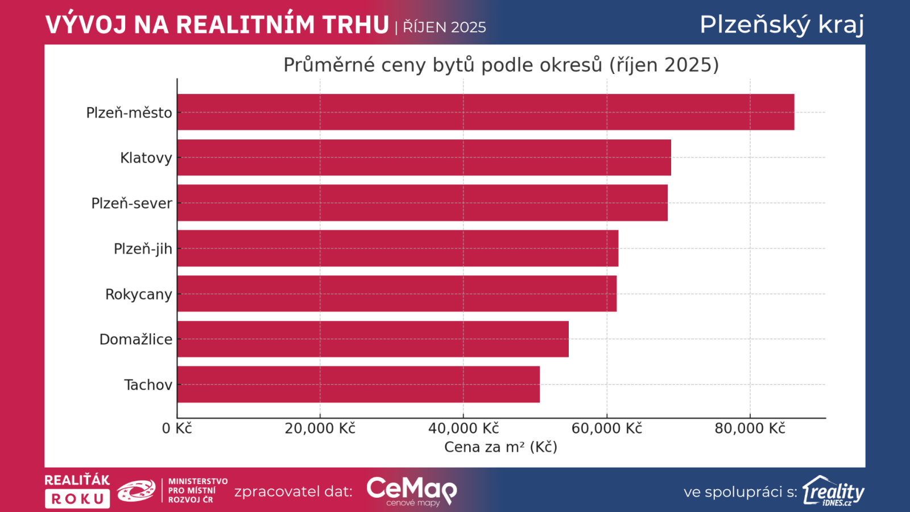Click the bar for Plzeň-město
click(x=485, y=112)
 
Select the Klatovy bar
click(x=424, y=158)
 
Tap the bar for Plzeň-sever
click(x=422, y=203)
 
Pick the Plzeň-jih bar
click(x=398, y=249)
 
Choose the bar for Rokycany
click(x=396, y=294)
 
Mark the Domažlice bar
click(x=373, y=339)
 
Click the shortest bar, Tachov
click(x=358, y=385)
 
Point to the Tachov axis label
click(x=148, y=385)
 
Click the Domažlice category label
click(x=135, y=340)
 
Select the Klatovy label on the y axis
click(x=146, y=158)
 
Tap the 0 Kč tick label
click(x=177, y=428)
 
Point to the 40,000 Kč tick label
click(x=463, y=428)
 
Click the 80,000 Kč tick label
click(x=750, y=428)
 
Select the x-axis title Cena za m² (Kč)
click(x=500, y=447)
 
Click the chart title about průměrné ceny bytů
click(x=501, y=65)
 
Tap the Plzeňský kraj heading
click(x=781, y=24)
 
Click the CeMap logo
click(x=411, y=491)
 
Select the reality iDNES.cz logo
click(x=833, y=491)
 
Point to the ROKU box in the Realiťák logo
click(x=77, y=499)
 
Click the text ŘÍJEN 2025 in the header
click(x=444, y=27)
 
